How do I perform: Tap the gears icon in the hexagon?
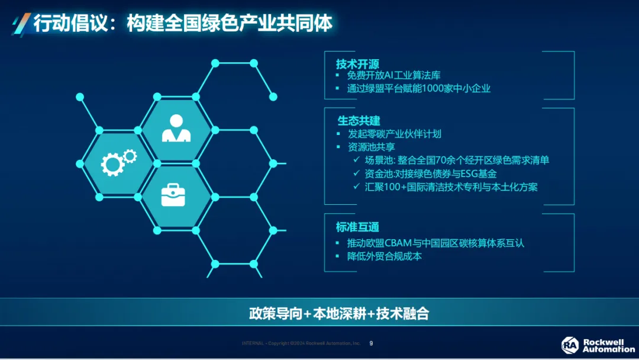(x=118, y=163)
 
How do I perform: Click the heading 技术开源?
(x=357, y=64)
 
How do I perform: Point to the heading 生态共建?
(x=359, y=121)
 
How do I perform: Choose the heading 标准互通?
(x=357, y=227)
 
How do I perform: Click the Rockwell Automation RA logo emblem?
(x=570, y=345)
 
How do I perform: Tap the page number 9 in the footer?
(x=371, y=343)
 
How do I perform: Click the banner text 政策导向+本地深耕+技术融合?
(x=339, y=313)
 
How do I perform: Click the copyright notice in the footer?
(x=301, y=343)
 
